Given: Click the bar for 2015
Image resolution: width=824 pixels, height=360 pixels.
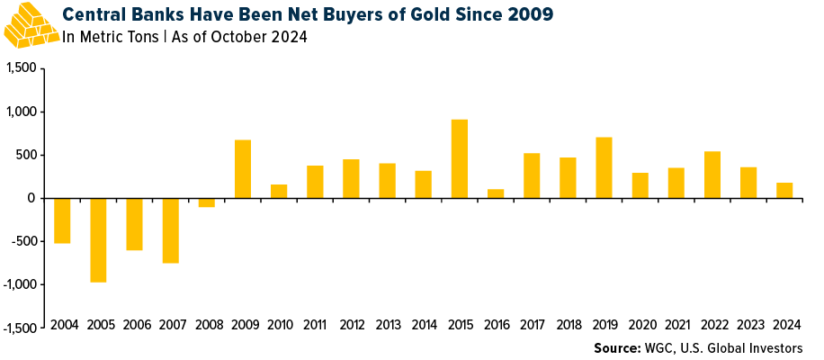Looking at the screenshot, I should point(459,158).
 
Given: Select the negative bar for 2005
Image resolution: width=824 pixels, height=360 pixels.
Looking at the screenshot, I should point(98,239).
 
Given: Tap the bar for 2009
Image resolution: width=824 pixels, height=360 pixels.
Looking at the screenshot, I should point(242,169).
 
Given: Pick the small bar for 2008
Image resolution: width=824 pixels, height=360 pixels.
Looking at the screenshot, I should point(206,202).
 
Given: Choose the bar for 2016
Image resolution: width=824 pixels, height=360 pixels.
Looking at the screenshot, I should point(495,193).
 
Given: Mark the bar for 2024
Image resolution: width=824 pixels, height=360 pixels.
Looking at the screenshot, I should point(784,190).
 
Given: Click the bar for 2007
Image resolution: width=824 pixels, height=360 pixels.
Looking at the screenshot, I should point(170,230).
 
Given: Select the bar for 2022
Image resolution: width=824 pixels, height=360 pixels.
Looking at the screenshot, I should point(712,175).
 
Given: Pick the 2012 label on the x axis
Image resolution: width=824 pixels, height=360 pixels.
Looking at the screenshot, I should point(351,325).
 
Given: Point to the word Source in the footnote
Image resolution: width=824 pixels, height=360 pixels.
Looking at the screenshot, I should point(617,347).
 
